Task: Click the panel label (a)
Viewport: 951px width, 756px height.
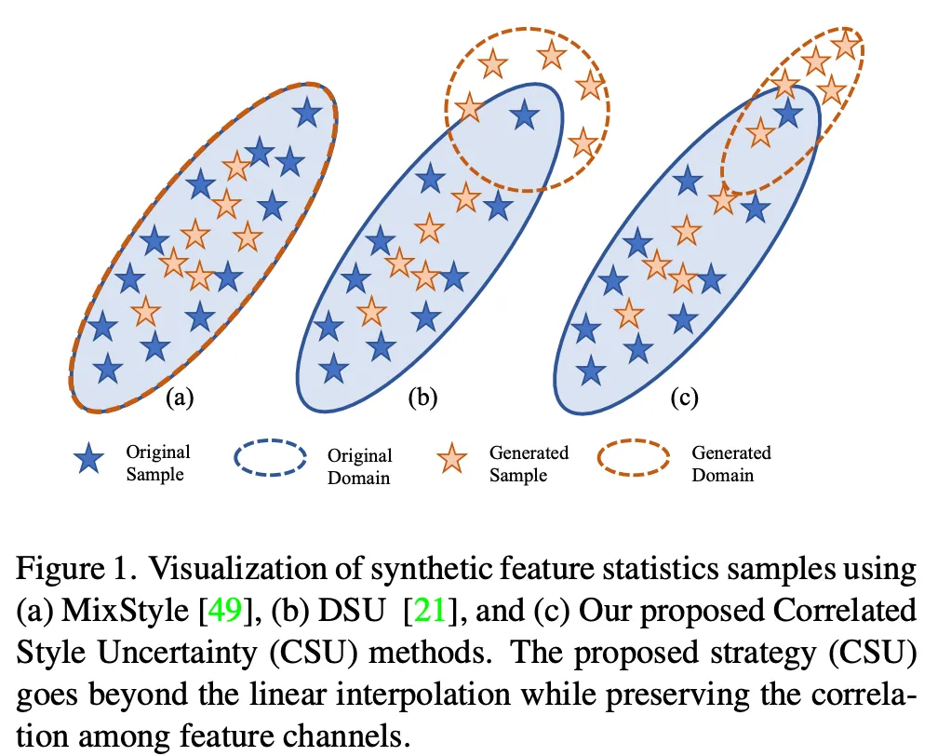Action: [x=180, y=398]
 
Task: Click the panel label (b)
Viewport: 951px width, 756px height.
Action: [x=422, y=398]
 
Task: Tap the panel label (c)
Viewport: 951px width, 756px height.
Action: [x=684, y=398]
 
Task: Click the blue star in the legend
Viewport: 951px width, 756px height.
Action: [x=88, y=458]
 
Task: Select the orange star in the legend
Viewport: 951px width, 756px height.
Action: [x=452, y=458]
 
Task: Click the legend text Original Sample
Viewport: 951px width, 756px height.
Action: [x=157, y=463]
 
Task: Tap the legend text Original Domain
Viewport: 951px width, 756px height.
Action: [x=360, y=466]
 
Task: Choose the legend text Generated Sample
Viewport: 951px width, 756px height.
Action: [x=529, y=464]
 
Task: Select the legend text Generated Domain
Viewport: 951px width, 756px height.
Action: [x=731, y=464]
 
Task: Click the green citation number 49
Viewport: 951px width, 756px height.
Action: [x=225, y=610]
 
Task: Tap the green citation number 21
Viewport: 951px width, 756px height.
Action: [x=430, y=610]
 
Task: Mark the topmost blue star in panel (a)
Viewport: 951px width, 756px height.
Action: [x=307, y=113]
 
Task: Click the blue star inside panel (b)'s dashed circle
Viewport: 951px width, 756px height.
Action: [x=525, y=115]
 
